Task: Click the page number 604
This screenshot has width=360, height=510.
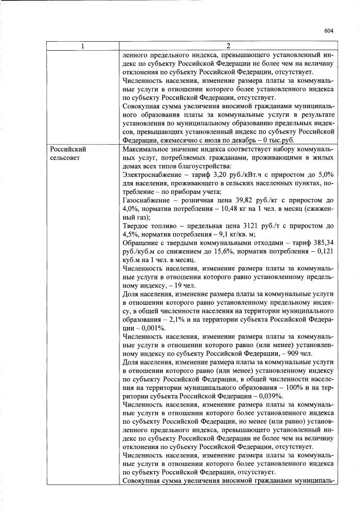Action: click(330, 31)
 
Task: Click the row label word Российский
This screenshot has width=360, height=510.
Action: click(68, 150)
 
